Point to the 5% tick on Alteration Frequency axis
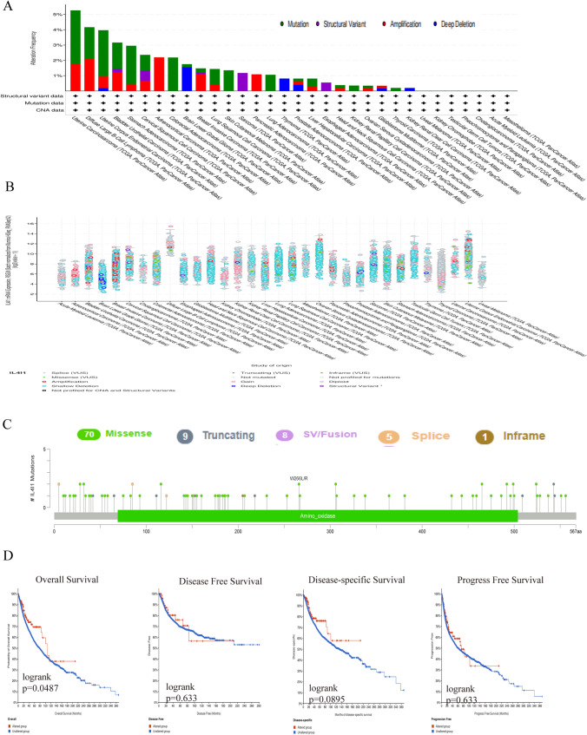coord(58,15)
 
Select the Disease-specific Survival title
coord(346,574)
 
